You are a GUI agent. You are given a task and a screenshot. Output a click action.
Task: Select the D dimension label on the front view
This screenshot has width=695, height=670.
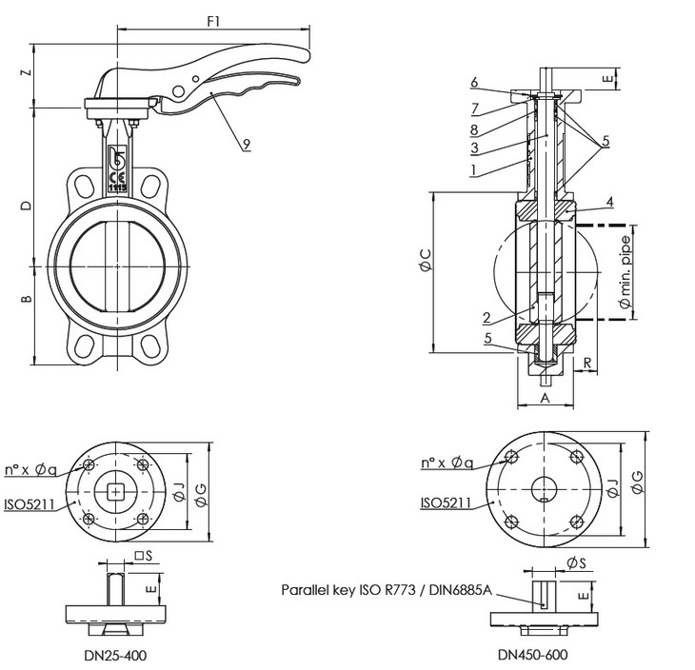[x=28, y=206]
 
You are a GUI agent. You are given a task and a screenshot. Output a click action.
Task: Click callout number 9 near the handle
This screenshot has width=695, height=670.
[x=246, y=144]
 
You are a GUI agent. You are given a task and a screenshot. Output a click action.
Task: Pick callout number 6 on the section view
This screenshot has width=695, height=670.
[x=474, y=83]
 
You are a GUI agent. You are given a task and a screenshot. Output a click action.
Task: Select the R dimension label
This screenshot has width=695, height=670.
[x=588, y=363]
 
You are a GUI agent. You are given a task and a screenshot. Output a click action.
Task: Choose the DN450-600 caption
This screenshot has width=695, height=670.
[x=534, y=655]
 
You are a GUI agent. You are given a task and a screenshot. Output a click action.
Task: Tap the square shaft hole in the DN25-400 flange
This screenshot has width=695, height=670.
[x=116, y=491]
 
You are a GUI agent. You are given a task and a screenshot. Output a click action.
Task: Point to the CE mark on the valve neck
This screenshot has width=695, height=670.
[x=118, y=177]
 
